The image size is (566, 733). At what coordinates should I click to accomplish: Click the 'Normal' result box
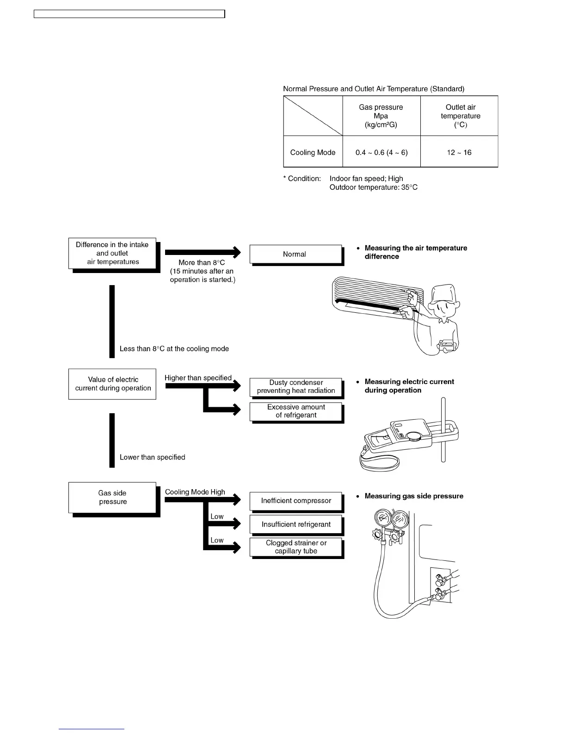(295, 254)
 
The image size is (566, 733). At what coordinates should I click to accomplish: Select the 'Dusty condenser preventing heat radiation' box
(296, 386)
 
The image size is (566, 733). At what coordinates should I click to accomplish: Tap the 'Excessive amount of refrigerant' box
(296, 411)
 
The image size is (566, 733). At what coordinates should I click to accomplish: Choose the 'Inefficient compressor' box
(296, 501)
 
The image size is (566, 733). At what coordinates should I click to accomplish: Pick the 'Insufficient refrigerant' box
(296, 524)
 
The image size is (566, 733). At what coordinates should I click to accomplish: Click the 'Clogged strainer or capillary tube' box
(296, 547)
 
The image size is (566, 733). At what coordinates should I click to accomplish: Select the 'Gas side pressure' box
(112, 497)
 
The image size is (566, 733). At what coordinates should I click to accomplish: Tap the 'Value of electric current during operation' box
(112, 384)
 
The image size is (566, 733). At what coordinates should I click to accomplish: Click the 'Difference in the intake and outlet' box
(112, 253)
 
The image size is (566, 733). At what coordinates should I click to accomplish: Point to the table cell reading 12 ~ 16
(459, 152)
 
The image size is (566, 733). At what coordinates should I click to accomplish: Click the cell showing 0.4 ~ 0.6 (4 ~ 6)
(381, 152)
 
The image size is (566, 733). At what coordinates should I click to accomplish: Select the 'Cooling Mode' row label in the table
(313, 152)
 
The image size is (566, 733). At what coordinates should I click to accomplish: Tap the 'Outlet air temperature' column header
(460, 116)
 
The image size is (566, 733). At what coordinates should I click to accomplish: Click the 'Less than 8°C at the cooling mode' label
(174, 349)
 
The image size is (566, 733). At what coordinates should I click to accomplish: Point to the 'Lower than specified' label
(152, 457)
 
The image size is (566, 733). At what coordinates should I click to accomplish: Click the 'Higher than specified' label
(198, 378)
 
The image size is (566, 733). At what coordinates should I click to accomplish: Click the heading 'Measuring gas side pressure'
(414, 496)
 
